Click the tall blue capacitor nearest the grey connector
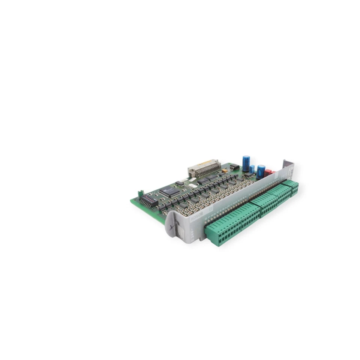pos(246,163)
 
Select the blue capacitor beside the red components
pos(261,171)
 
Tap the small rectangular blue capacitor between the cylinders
pos(252,169)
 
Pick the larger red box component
pos(268,172)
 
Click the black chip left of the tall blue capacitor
pos(234,166)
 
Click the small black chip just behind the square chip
pos(180,183)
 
